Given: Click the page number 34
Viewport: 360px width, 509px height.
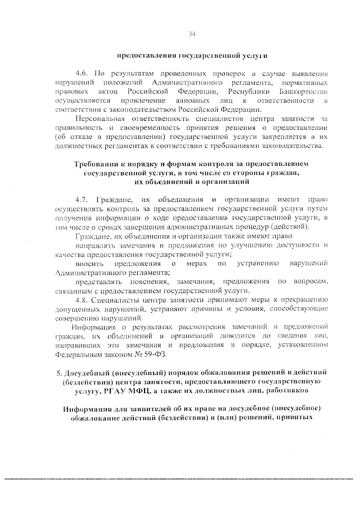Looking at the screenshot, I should tap(192, 34).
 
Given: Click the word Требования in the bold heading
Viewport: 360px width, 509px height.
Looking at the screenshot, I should tap(99, 164).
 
